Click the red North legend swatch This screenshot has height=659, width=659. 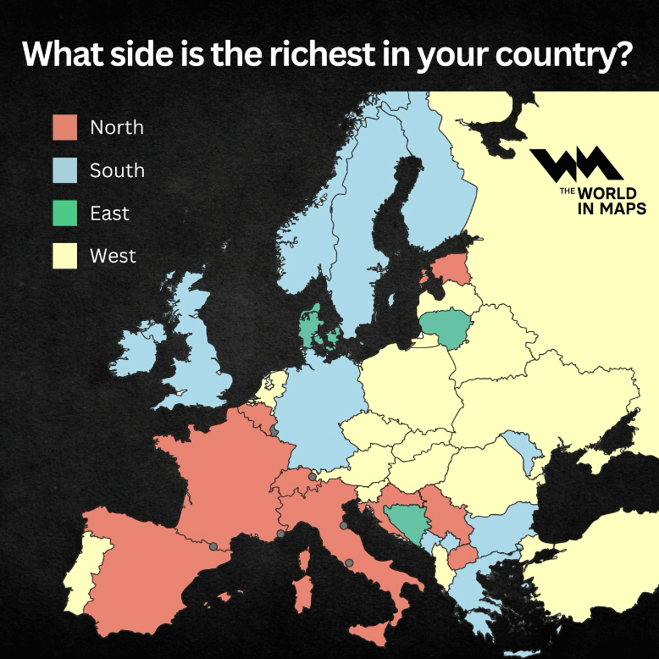(x=64, y=127)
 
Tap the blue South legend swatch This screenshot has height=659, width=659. (x=64, y=170)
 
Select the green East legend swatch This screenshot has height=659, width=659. (x=64, y=213)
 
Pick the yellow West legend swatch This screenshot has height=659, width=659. (x=64, y=255)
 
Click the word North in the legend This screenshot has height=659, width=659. (x=117, y=128)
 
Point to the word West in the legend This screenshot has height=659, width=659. (x=113, y=255)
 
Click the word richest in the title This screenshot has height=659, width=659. (x=331, y=53)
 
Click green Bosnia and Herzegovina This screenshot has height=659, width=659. (x=404, y=523)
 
